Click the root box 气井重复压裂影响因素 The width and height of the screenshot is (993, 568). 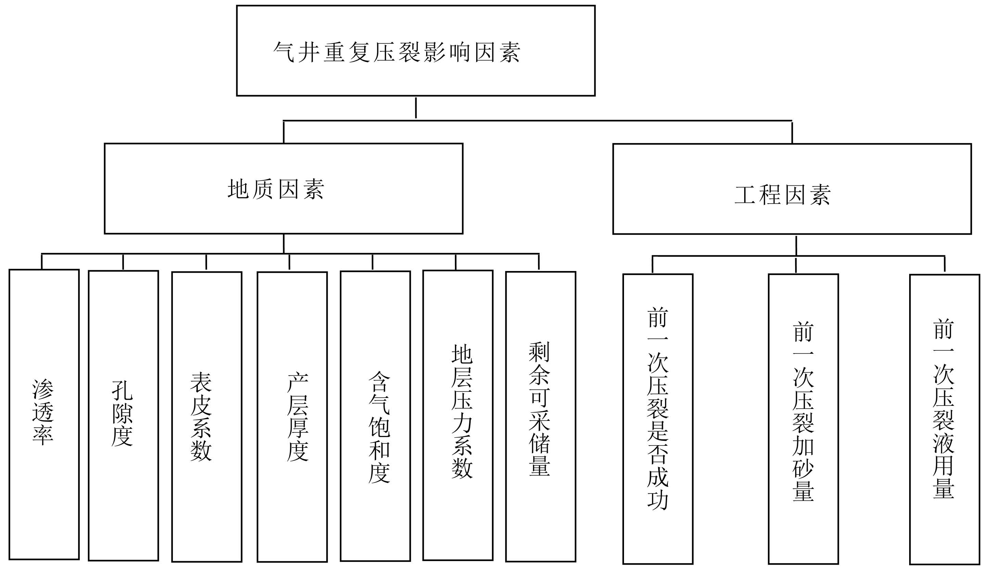pos(416,51)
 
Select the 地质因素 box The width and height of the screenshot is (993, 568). pos(284,189)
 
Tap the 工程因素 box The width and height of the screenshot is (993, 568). pos(792,189)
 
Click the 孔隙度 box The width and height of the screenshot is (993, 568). pos(123,415)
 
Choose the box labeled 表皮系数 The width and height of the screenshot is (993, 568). pos(207,417)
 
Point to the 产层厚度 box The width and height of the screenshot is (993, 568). pos(292,417)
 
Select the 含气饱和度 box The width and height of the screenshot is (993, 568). pos(375,416)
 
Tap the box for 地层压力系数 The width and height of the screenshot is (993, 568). pos(458,415)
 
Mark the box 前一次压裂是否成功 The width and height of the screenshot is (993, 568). pos(658,419)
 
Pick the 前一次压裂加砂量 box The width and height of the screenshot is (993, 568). pos(803,419)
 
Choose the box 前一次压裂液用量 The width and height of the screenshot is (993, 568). pos(945,419)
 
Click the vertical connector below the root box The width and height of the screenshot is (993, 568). pos(416,108)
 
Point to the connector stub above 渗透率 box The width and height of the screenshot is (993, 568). pos(42,262)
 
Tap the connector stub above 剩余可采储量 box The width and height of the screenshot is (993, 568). pos(539,262)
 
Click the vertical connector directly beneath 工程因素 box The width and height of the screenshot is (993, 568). pos(796,245)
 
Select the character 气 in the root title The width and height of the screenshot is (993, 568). pos(284,52)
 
